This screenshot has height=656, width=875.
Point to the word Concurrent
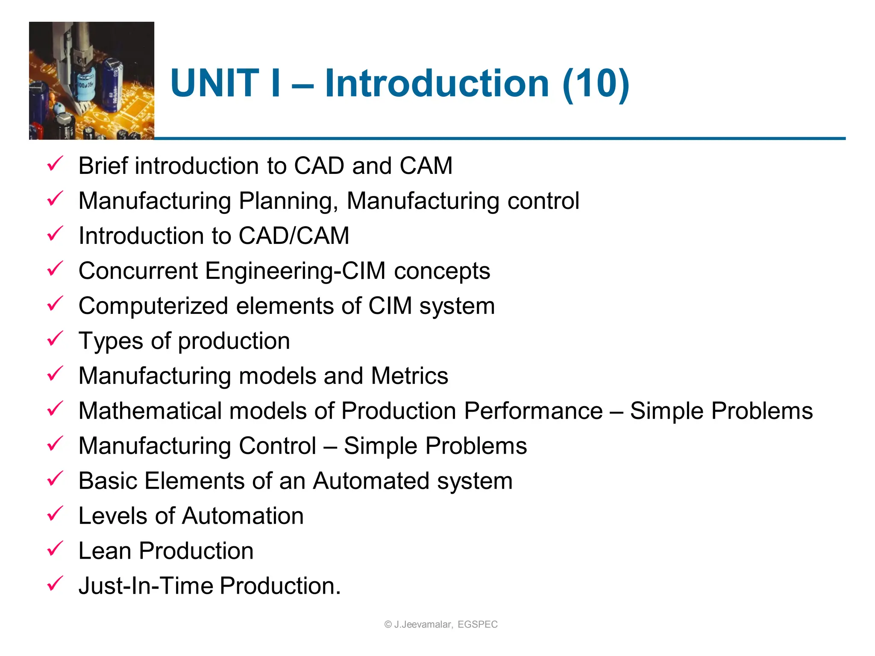click(x=138, y=271)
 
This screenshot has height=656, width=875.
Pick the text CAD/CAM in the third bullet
click(x=294, y=236)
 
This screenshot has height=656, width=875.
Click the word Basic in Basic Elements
click(x=108, y=481)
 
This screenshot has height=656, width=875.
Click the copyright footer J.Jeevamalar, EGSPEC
click(x=441, y=624)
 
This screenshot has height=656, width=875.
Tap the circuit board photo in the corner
click(x=91, y=81)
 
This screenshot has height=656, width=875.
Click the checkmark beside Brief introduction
click(x=55, y=164)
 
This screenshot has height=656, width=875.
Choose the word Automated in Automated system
click(x=371, y=481)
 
